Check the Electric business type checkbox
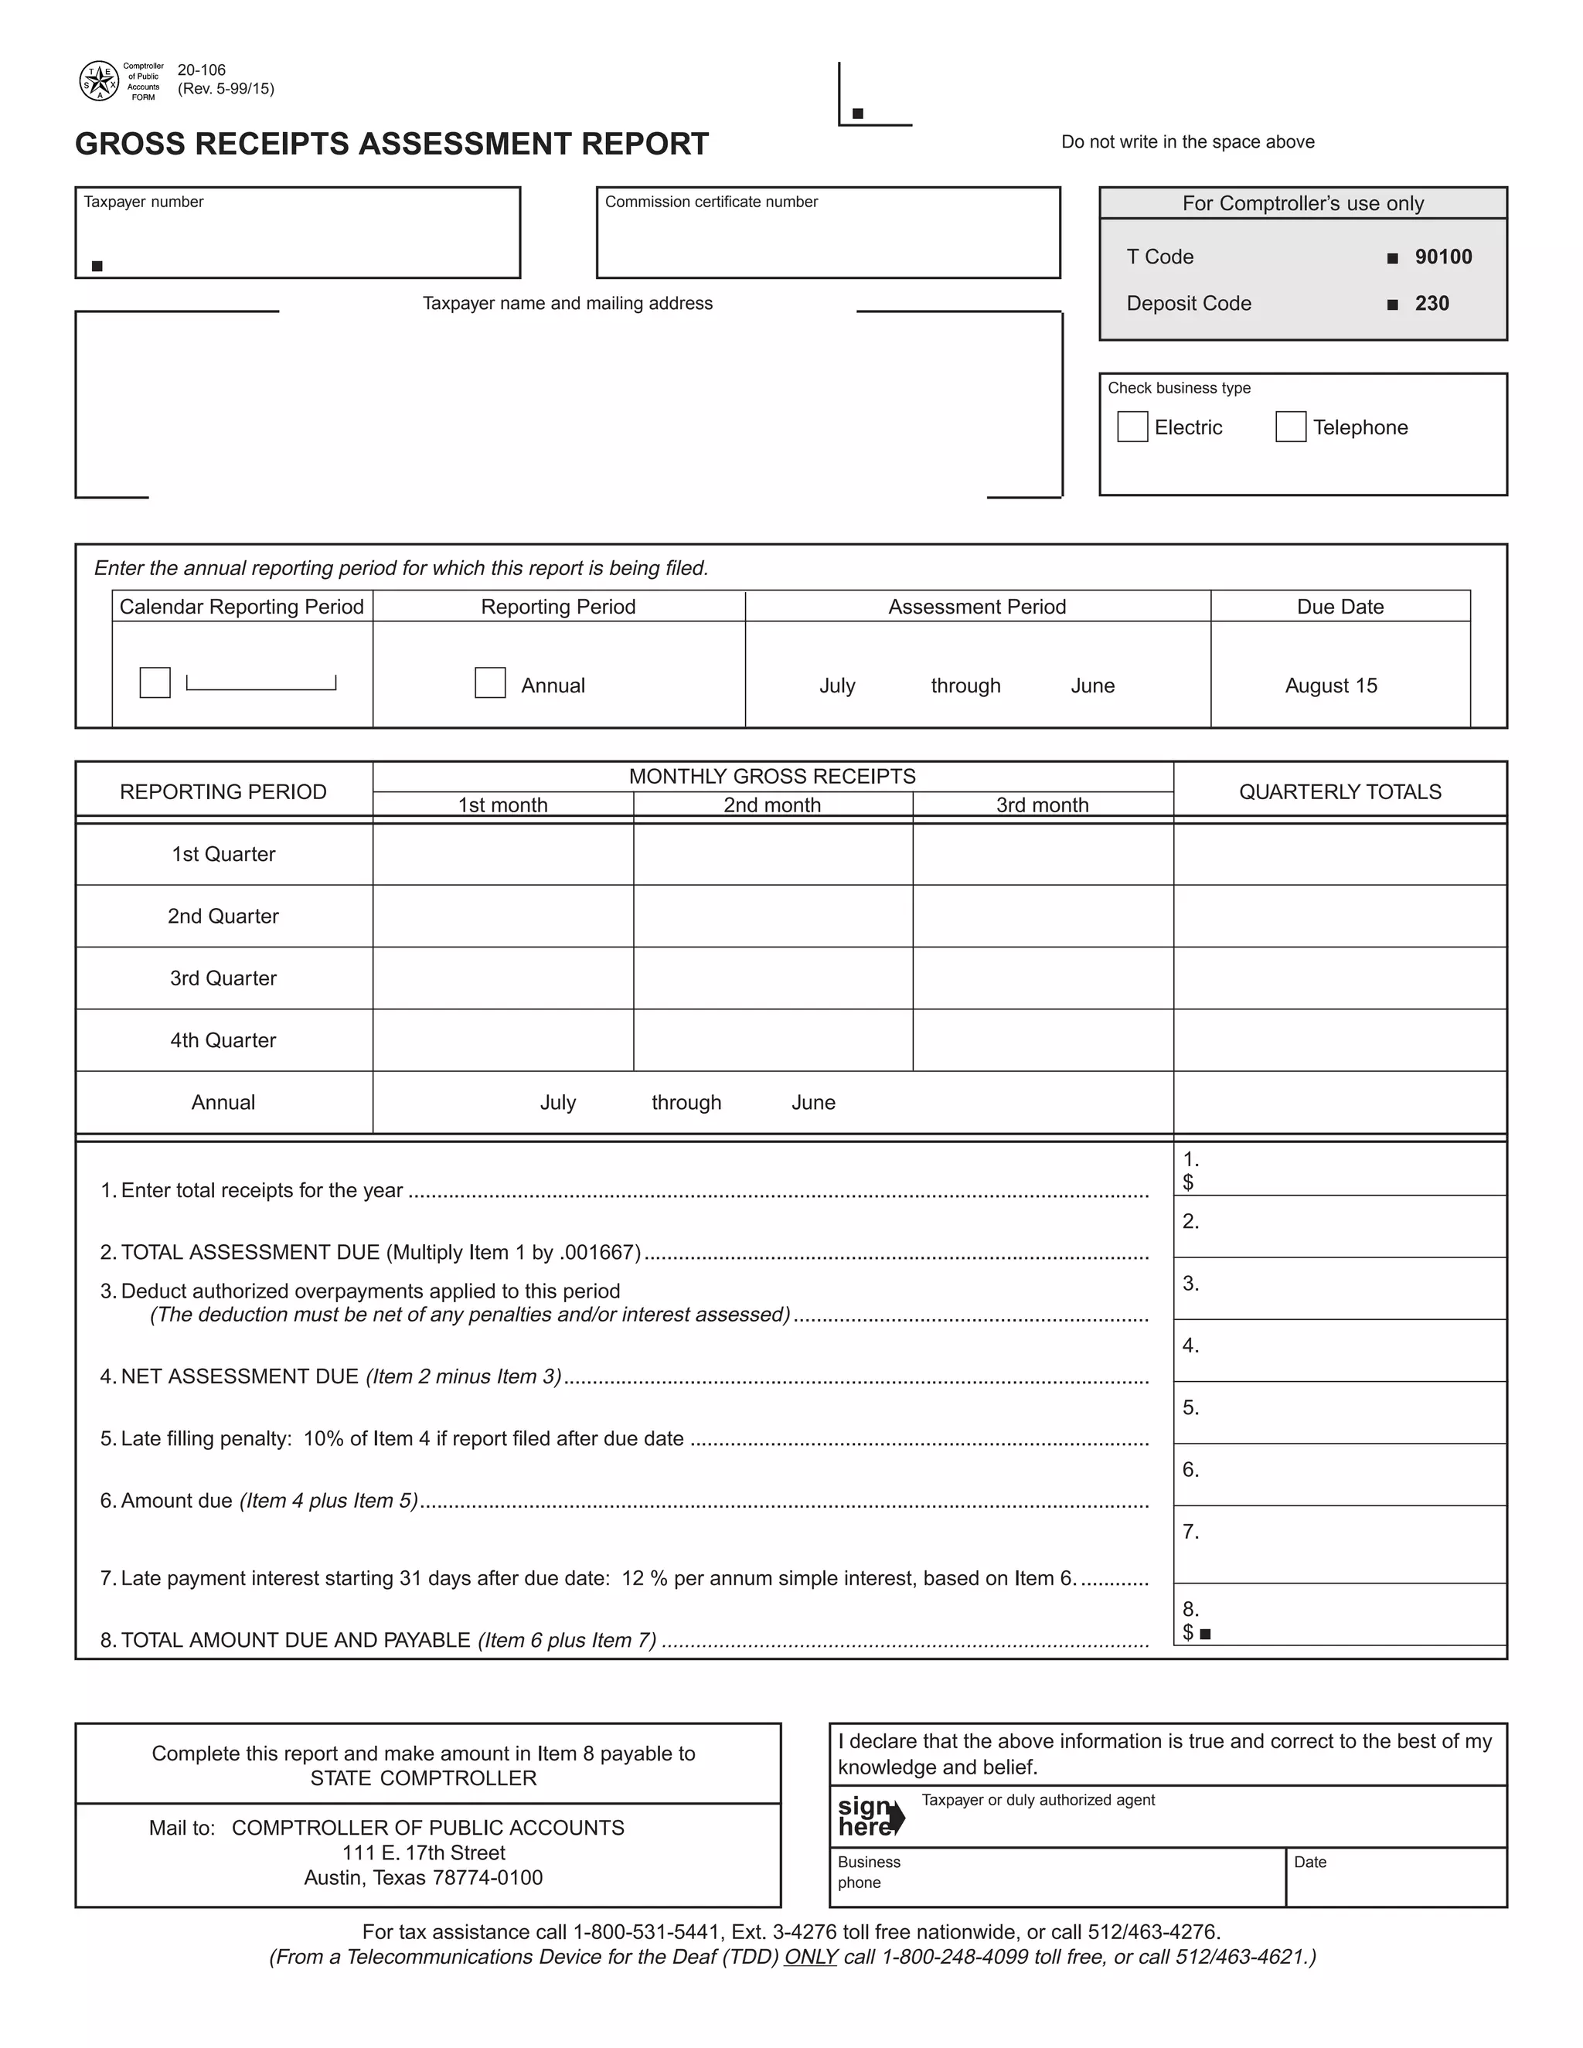1132,427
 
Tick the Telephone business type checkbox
1290,427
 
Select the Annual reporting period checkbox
489,682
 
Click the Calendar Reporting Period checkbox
155,682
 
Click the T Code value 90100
1442,257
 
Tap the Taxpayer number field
298,239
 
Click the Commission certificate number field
827,239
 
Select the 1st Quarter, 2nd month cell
773,854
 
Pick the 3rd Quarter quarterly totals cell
1340,978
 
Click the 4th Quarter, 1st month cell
502,1040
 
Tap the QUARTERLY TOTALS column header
1340,791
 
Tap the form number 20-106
202,70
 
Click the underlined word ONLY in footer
810,1957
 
